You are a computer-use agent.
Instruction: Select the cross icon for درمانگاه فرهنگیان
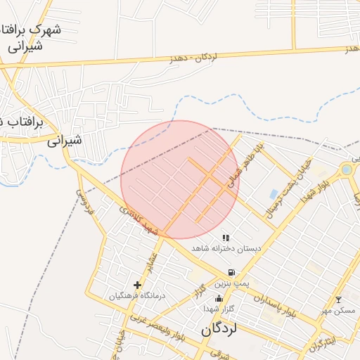click(137, 285)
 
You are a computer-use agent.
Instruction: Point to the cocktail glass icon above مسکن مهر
click(337, 300)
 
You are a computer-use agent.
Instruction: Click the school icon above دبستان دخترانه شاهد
click(226, 238)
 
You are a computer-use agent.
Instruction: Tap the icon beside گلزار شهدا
click(218, 299)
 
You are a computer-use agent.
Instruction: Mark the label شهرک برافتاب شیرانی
click(32, 38)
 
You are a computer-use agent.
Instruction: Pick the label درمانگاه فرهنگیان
click(136, 295)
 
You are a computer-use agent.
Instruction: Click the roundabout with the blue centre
click(347, 169)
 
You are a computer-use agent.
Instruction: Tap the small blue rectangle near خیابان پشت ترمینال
click(274, 193)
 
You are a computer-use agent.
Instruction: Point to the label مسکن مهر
click(339, 310)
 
